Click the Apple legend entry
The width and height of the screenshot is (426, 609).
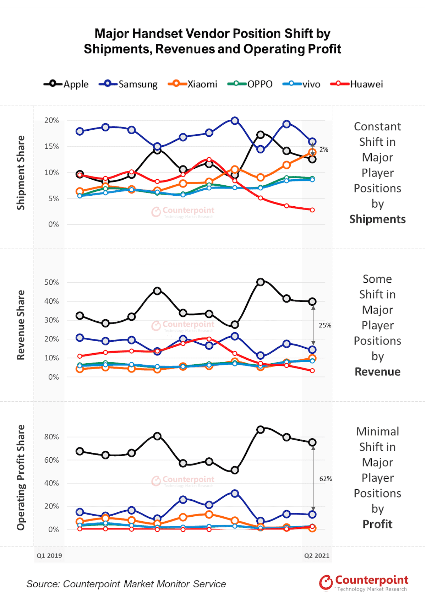coord(66,84)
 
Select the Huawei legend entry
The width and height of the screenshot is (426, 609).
coord(357,84)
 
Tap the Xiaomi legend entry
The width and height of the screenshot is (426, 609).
coord(193,84)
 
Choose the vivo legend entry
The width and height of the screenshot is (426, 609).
coord(302,84)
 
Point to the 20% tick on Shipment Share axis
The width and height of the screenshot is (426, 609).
coord(52,120)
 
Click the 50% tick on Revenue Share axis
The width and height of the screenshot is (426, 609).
coord(52,282)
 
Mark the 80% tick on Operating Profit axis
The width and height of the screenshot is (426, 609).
coord(52,437)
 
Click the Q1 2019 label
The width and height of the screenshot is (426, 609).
coord(49,555)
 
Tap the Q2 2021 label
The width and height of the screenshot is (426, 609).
coord(317,555)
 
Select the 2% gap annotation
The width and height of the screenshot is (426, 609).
coord(324,149)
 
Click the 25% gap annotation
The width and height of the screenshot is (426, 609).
coord(325,325)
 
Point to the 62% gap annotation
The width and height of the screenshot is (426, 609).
coord(326,479)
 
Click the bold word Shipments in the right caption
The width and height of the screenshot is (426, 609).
coord(377,219)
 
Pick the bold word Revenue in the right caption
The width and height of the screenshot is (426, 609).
coord(377,372)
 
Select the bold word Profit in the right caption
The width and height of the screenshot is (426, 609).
coord(377,524)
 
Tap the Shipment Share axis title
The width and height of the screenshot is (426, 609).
coord(21,173)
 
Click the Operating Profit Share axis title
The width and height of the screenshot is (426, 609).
coord(21,477)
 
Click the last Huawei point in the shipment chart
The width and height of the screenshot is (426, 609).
coord(312,210)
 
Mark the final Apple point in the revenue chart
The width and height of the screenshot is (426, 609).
coord(312,301)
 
